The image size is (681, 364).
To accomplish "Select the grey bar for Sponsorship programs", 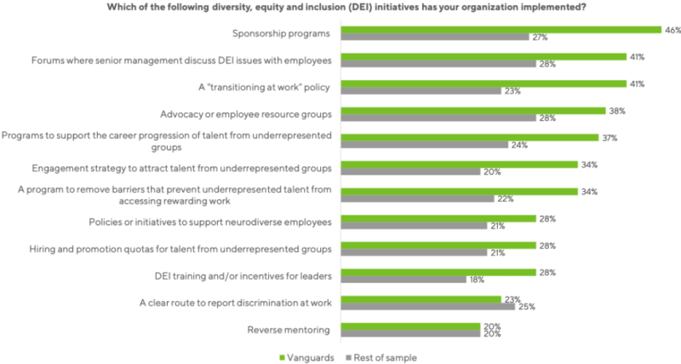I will coord(434,38).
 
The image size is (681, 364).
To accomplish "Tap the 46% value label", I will coord(672,29).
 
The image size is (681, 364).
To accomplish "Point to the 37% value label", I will coord(608,137).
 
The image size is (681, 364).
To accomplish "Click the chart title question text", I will coord(340,7).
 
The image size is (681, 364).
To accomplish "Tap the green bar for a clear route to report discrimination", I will coord(421,298).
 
